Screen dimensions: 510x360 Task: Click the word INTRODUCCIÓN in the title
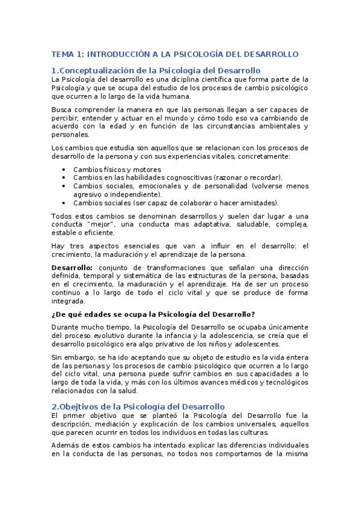(x=123, y=54)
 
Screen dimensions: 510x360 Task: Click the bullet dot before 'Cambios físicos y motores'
(x=64, y=170)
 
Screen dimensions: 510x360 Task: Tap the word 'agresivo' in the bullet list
(x=87, y=195)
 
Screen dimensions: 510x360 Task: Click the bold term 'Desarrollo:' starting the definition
(x=72, y=268)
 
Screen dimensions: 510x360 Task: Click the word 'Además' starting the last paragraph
(x=64, y=446)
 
